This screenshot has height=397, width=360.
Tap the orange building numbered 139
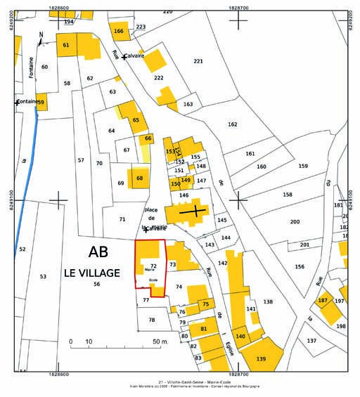[x=261, y=358]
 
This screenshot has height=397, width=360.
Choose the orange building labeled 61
[x=66, y=45]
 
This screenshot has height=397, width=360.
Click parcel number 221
[x=198, y=62]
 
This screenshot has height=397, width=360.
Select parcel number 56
[x=96, y=284]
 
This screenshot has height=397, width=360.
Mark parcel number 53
[x=43, y=277]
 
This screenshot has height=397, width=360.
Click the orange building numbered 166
[x=118, y=31]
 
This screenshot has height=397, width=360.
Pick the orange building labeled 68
[x=139, y=178]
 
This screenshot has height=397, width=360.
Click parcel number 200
[x=295, y=221]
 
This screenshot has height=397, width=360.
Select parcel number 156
[x=300, y=266]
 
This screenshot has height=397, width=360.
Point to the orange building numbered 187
[x=323, y=301]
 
